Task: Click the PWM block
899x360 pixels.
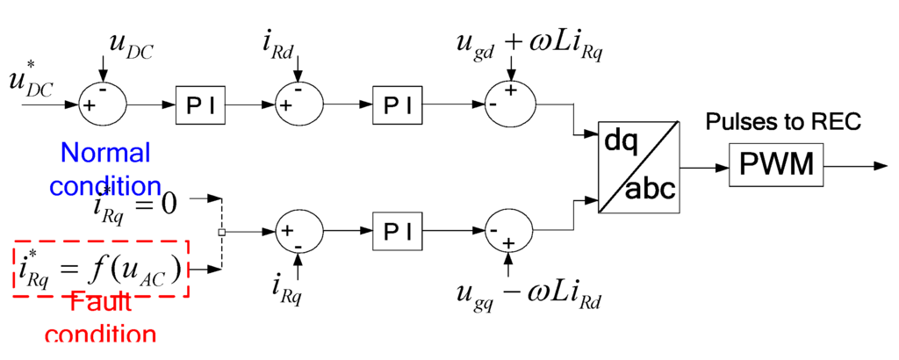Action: tap(776, 164)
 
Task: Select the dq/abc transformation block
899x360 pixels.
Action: tap(638, 165)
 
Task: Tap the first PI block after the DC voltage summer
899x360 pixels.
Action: tap(200, 104)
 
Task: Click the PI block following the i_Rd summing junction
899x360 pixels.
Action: tap(397, 104)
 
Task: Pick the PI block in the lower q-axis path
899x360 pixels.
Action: tap(397, 233)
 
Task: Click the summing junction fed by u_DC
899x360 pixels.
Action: tap(104, 104)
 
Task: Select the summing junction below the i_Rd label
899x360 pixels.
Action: tap(300, 104)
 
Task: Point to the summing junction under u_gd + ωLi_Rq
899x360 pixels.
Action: tap(510, 104)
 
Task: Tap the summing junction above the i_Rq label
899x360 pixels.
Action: tap(300, 233)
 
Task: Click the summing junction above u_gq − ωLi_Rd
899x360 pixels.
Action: tap(510, 233)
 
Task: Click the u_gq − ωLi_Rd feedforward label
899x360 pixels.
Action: tap(527, 297)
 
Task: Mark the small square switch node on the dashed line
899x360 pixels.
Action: tap(221, 233)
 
